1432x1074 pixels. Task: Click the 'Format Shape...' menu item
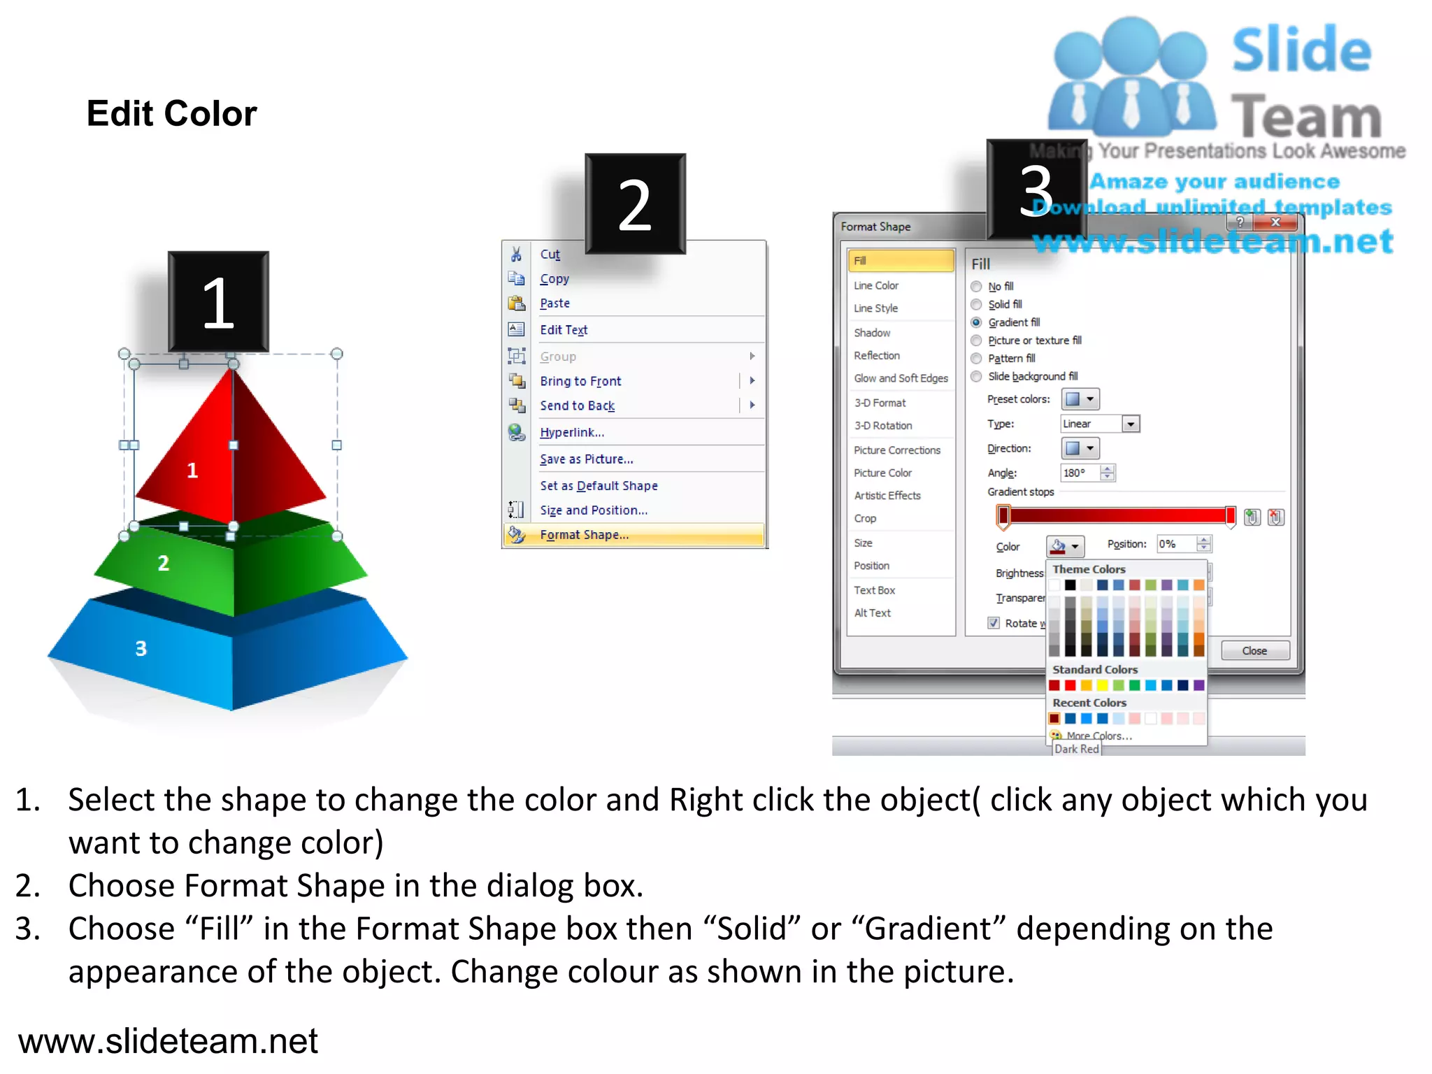[x=584, y=535]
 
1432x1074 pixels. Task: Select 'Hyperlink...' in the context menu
[x=572, y=432]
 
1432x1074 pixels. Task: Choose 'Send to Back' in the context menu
[x=577, y=406]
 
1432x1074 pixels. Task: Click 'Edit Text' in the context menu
[x=564, y=330]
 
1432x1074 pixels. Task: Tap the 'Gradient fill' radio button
[x=976, y=322]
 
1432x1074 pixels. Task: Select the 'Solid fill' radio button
[x=976, y=304]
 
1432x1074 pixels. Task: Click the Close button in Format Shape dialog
[x=1254, y=651]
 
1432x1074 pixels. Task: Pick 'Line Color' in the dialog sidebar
[x=876, y=285]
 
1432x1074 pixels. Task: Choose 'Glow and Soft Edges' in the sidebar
[x=901, y=378]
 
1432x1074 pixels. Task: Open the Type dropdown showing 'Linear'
[x=1130, y=424]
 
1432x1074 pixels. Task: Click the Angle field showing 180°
[x=1080, y=473]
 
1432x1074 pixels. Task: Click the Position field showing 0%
[x=1176, y=544]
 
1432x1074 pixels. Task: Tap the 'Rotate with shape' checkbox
[x=994, y=623]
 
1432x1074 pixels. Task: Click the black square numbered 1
[x=218, y=302]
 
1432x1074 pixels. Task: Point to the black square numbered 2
[x=635, y=203]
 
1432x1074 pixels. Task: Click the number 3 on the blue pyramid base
[x=141, y=649]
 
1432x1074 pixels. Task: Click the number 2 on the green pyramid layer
[x=163, y=563]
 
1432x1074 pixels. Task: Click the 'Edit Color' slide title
[x=172, y=113]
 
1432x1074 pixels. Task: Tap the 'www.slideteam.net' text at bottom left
[x=168, y=1040]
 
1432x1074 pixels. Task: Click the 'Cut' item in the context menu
[x=550, y=255]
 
